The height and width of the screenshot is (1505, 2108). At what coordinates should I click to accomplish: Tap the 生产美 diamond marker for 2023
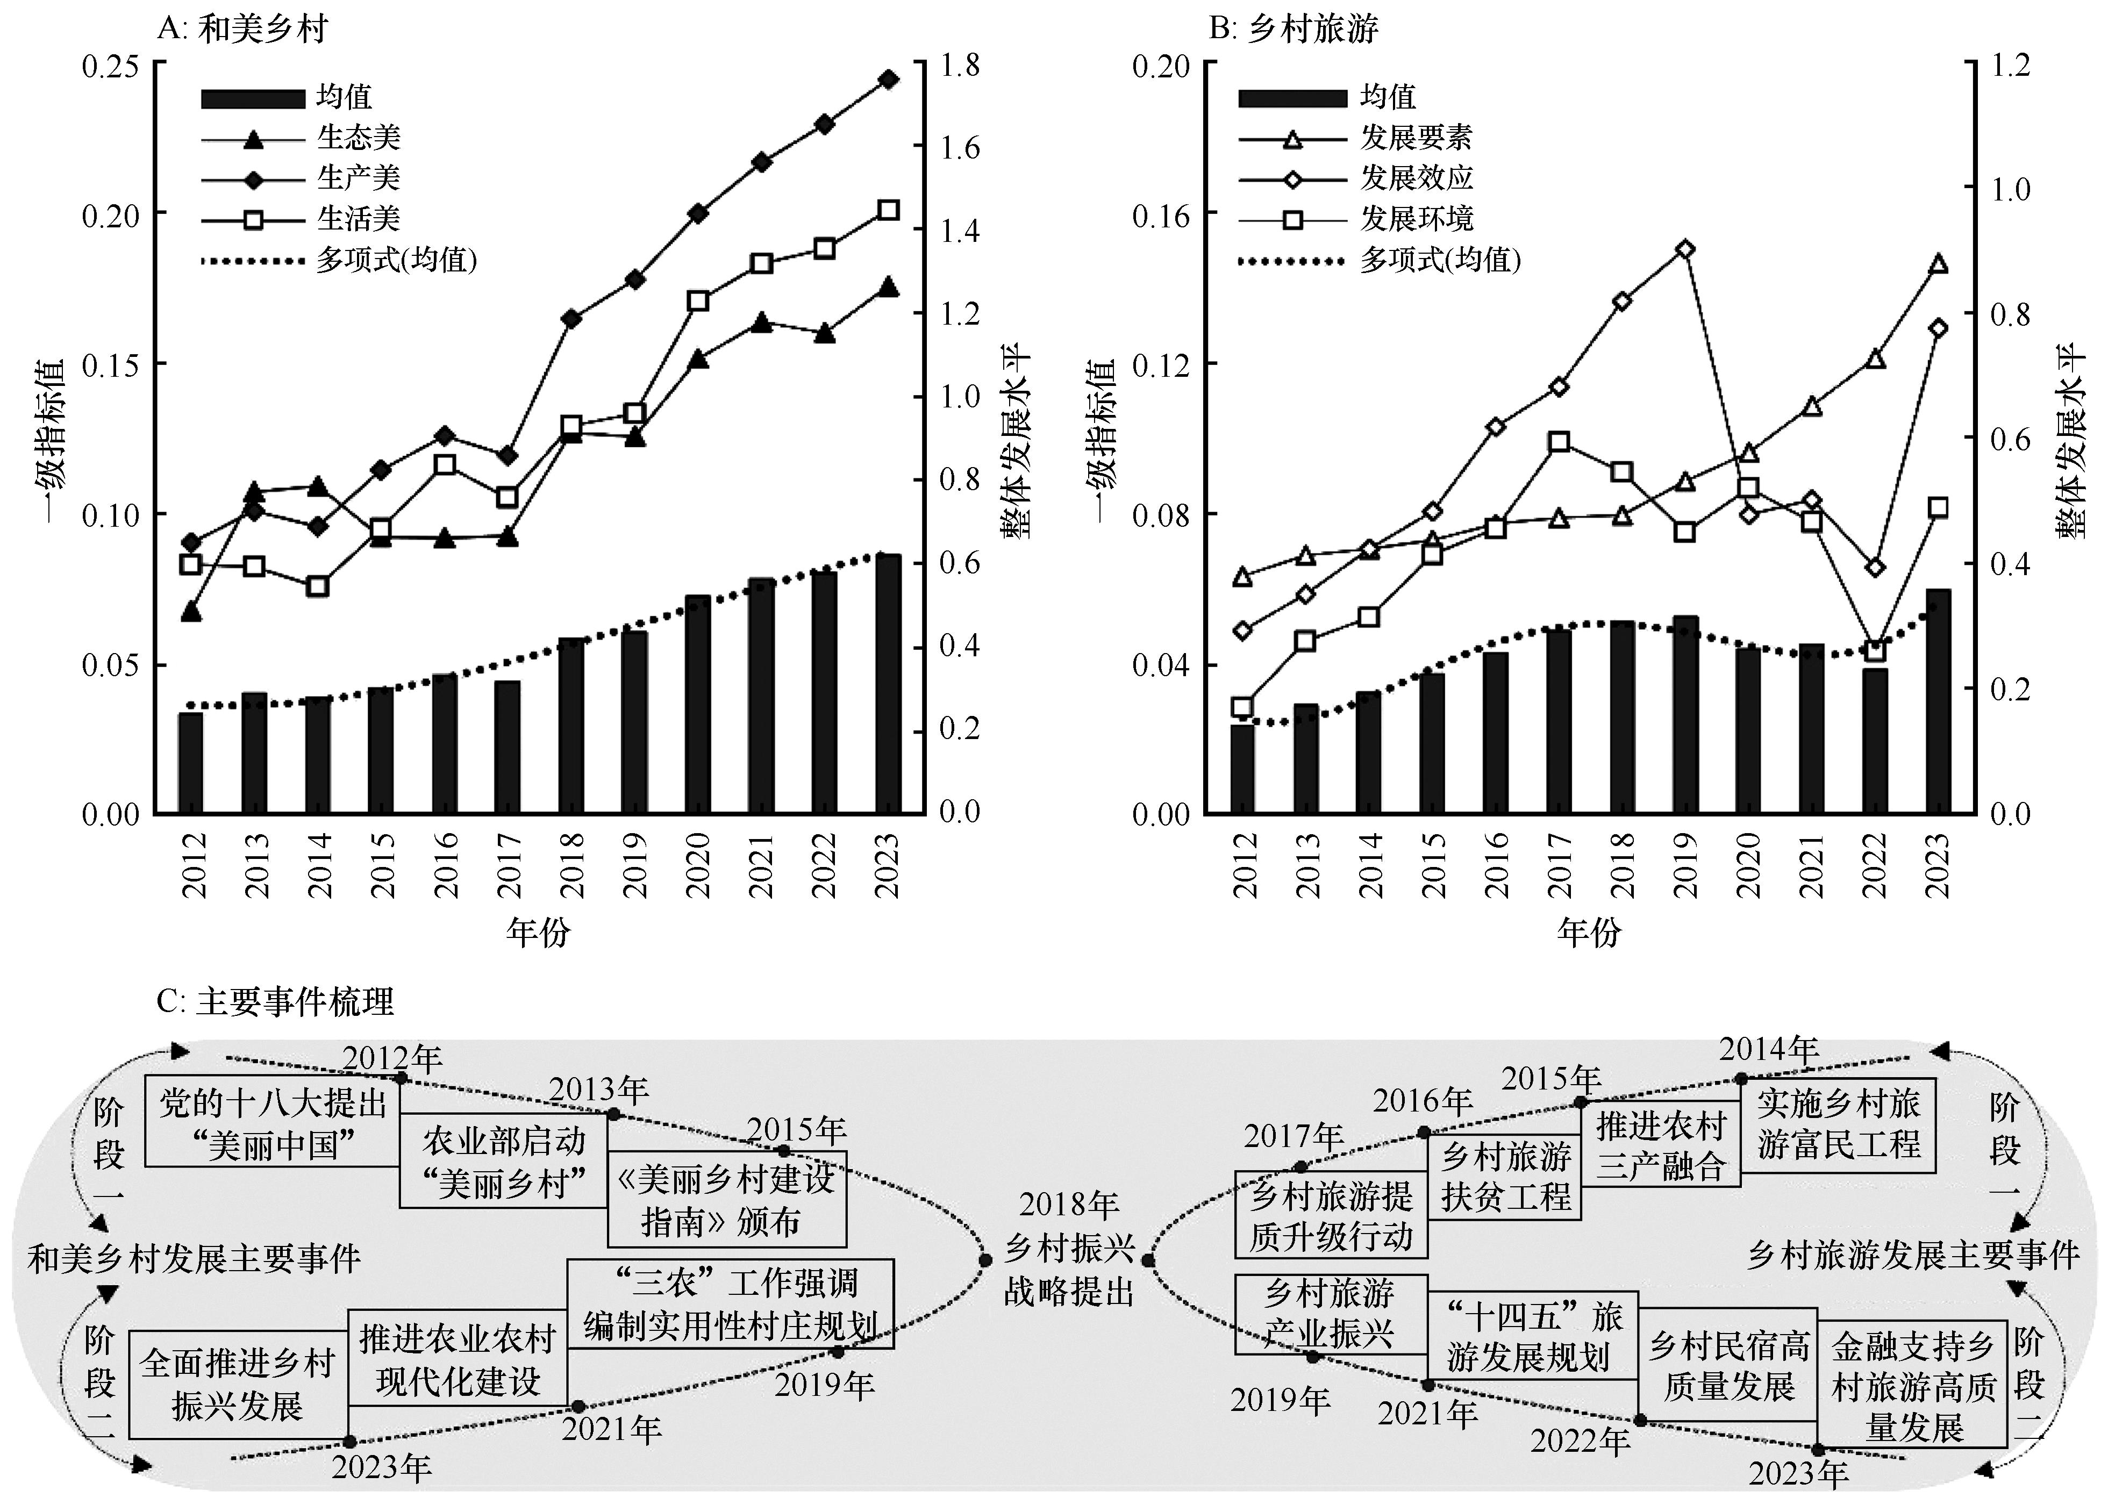(x=888, y=80)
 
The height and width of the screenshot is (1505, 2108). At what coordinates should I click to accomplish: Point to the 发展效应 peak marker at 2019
(x=1685, y=249)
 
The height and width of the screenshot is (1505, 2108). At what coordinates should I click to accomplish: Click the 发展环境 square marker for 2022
(x=1874, y=651)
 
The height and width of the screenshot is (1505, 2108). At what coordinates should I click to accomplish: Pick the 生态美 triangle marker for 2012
(x=191, y=612)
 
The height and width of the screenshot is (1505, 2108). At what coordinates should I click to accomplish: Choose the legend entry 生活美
(x=358, y=219)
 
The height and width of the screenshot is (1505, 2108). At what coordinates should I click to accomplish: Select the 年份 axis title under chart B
(x=1589, y=931)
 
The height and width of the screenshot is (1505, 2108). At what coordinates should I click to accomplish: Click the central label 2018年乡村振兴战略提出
(x=1069, y=1248)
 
